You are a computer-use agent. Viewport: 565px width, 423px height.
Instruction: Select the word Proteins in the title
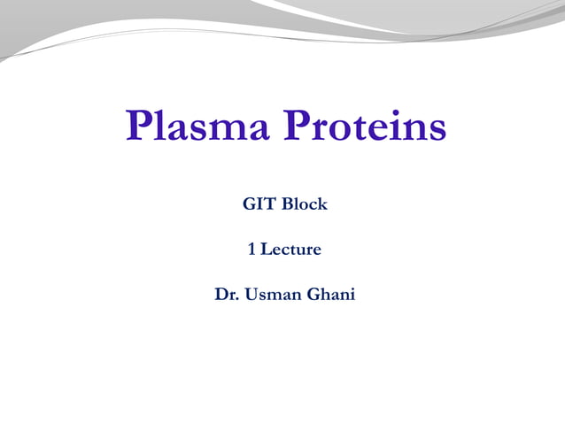(365, 127)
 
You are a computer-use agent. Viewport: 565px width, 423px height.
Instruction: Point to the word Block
(305, 204)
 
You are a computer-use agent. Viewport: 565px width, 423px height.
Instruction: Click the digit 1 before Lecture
(252, 250)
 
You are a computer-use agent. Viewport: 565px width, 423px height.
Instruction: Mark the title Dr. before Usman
(226, 295)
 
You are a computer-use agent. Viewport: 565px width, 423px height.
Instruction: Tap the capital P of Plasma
(140, 127)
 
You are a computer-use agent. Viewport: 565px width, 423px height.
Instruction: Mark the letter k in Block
(322, 204)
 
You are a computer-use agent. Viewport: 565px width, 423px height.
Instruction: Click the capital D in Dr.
(221, 295)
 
